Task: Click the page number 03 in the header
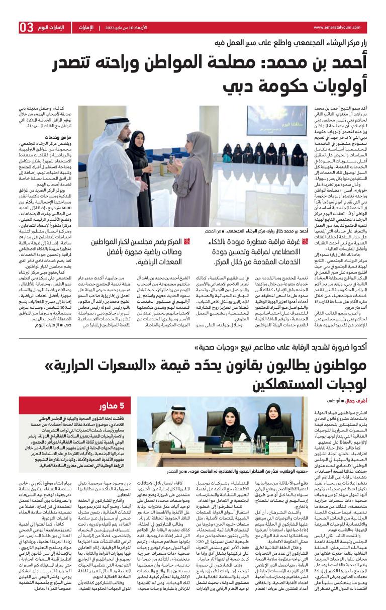click(x=27, y=28)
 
